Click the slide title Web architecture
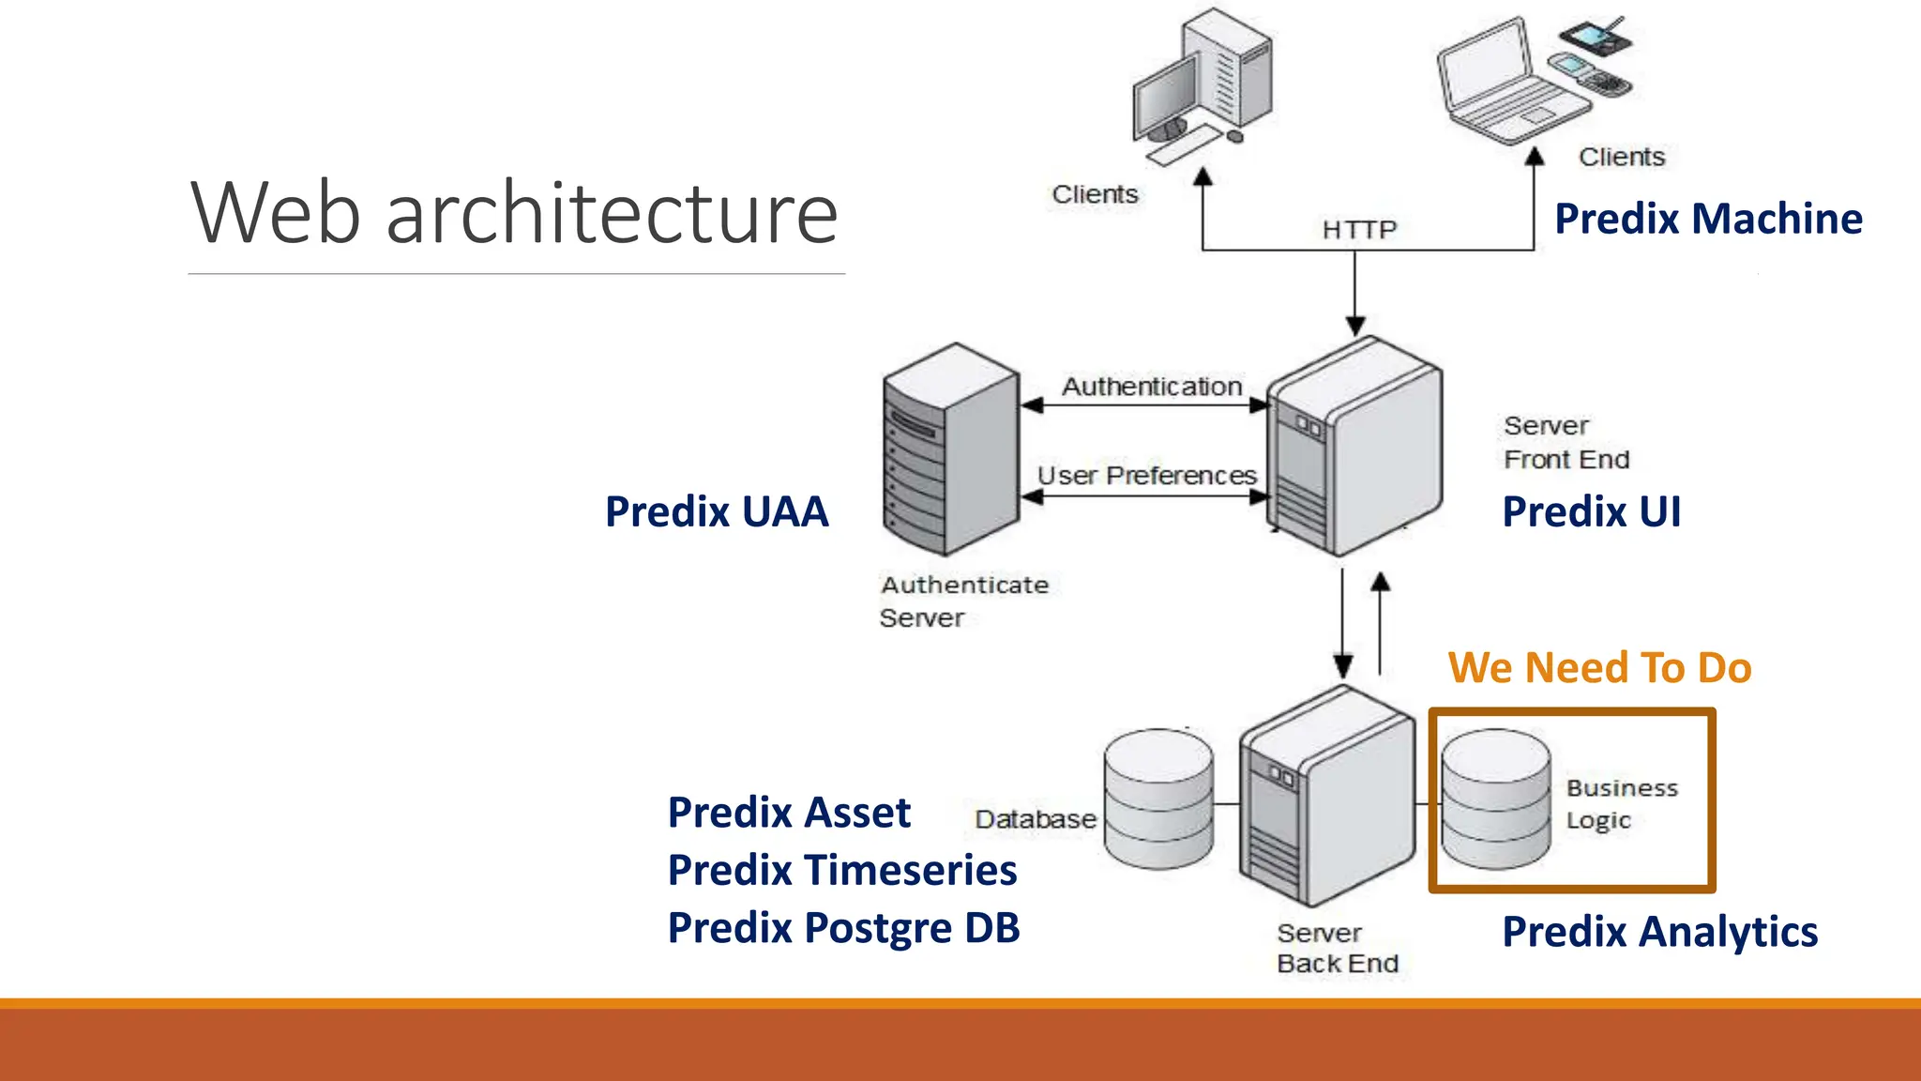coord(514,214)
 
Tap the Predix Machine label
coord(1708,220)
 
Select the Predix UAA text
coord(717,512)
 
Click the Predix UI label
coord(1591,512)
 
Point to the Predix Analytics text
coord(1659,932)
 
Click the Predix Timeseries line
coord(841,870)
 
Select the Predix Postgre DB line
coord(843,928)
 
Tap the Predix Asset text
coord(789,813)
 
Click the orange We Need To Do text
coord(1599,668)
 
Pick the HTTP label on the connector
coord(1359,230)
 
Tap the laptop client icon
coord(1510,84)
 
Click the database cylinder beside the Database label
coord(1158,799)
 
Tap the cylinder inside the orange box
coord(1495,799)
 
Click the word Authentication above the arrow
coord(1151,387)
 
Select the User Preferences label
coord(1146,476)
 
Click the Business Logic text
coord(1621,803)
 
